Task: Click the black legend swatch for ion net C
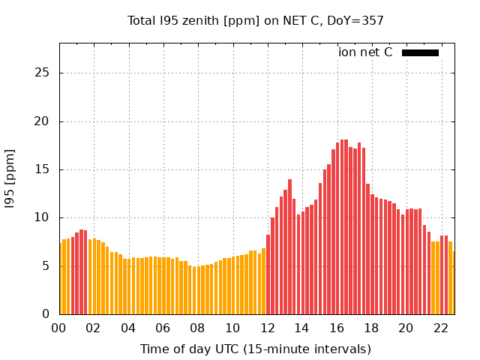[x=420, y=52]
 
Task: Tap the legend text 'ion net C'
[x=365, y=52]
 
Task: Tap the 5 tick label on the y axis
[x=46, y=266]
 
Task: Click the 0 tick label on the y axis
[x=46, y=314]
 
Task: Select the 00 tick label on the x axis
[x=59, y=328]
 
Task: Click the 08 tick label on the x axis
[x=198, y=328]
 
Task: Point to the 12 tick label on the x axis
[x=267, y=328]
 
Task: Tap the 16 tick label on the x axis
[x=337, y=328]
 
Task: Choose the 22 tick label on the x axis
[x=440, y=328]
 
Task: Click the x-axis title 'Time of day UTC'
[x=255, y=349]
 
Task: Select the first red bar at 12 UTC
[x=268, y=274]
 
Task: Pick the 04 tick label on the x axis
[x=128, y=328]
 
